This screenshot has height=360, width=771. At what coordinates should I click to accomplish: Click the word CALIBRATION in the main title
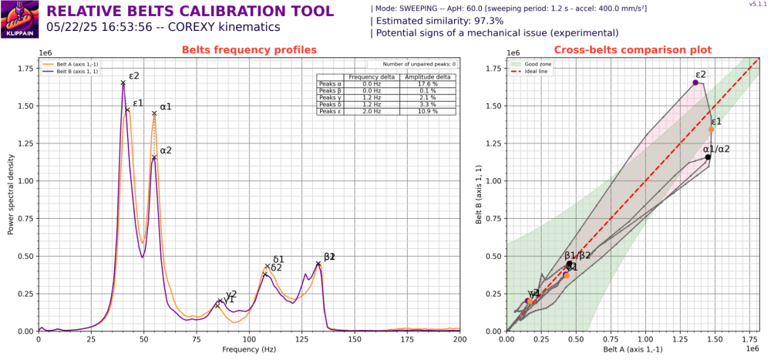click(x=198, y=12)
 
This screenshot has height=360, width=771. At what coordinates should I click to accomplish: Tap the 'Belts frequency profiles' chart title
click(x=248, y=50)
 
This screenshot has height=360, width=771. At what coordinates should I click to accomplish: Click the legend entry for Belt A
click(x=69, y=64)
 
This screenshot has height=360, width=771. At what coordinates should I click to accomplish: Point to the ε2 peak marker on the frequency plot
click(x=123, y=82)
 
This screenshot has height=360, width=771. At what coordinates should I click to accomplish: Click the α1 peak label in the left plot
click(x=166, y=106)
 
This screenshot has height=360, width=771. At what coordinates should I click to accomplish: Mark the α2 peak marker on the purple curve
click(x=154, y=157)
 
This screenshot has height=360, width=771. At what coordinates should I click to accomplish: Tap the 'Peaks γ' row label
click(x=329, y=97)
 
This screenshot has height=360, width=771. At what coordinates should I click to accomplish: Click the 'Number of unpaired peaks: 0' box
click(x=411, y=65)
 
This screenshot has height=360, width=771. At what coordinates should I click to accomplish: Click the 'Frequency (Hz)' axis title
click(x=249, y=349)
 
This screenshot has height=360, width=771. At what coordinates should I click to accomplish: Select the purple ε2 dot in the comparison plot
click(x=695, y=82)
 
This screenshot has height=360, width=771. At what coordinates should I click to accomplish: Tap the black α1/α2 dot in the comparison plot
click(x=708, y=157)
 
